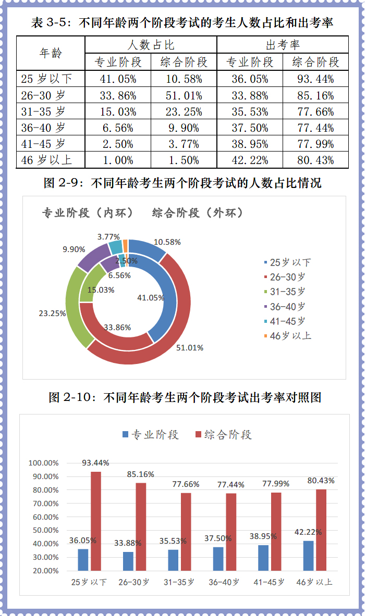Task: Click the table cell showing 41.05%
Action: (x=118, y=79)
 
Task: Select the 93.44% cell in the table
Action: (x=316, y=79)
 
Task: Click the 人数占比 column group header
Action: (x=151, y=45)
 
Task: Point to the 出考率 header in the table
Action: (x=283, y=45)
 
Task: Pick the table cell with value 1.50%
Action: (x=184, y=160)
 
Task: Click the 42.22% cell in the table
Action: (x=250, y=160)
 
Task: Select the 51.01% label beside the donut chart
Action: (x=190, y=348)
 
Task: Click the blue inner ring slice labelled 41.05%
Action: (x=164, y=292)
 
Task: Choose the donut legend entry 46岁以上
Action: (x=287, y=336)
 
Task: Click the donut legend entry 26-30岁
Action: (x=287, y=277)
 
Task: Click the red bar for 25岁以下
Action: (x=96, y=521)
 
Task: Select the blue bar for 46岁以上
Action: (x=309, y=556)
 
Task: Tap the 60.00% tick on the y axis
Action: (x=44, y=517)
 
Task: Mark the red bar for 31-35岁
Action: (x=186, y=531)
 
